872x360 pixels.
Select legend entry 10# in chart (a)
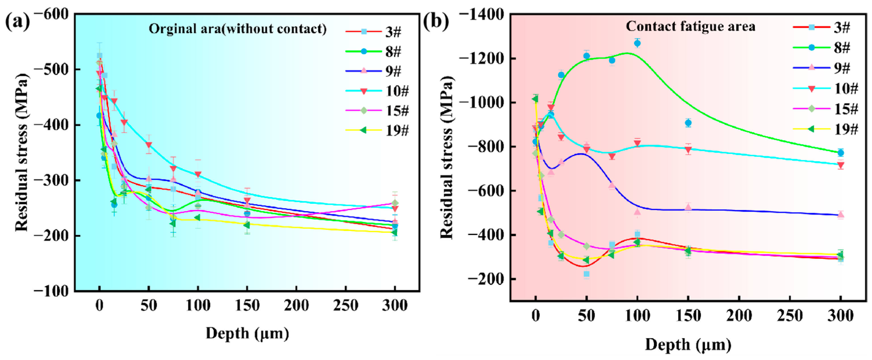(x=397, y=91)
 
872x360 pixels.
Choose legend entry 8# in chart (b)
(x=842, y=47)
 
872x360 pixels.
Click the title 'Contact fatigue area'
(x=690, y=26)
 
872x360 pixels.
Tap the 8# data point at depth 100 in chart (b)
(x=637, y=43)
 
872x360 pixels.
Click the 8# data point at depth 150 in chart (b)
(x=688, y=123)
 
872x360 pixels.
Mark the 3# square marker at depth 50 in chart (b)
(x=587, y=274)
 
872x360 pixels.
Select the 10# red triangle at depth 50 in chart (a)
(x=149, y=145)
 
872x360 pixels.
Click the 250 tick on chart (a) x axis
(x=346, y=306)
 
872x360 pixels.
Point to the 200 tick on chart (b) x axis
(x=739, y=316)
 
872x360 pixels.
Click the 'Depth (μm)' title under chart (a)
(x=247, y=333)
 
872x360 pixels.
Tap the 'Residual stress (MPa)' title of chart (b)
(x=447, y=157)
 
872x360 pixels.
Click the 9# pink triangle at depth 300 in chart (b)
(x=841, y=214)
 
